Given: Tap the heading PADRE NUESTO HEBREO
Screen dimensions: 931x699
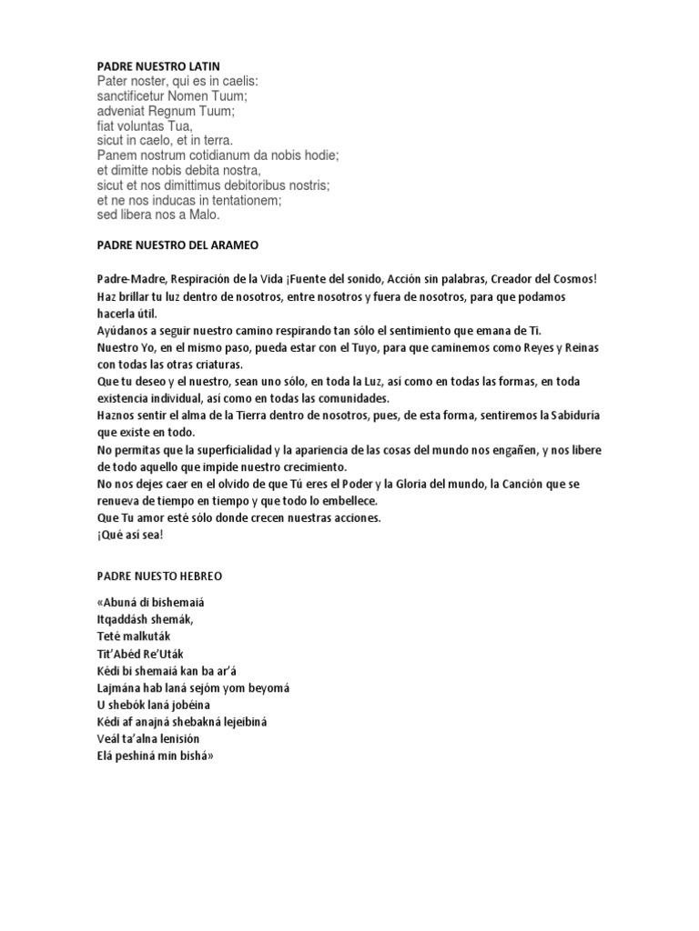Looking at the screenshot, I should pyautogui.click(x=159, y=576).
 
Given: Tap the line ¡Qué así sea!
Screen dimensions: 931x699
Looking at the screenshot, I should pyautogui.click(x=129, y=536).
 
